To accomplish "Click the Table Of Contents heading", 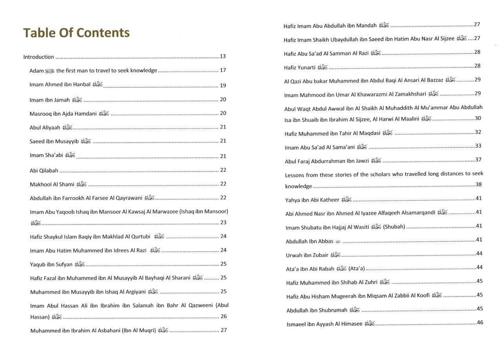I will coord(76,33).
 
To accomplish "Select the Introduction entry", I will coord(38,57).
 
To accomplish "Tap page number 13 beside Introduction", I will coord(223,56).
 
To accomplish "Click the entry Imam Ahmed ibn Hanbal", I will coord(60,85).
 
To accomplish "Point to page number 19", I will coord(223,85).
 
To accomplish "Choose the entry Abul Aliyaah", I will coord(45,127).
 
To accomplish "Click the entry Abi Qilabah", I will coord(44,171).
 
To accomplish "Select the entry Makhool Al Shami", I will coord(52,184).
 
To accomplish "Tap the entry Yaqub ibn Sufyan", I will coord(51,264).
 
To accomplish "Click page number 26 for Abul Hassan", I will coord(224,316).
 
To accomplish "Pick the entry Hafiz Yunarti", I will coord(300,67).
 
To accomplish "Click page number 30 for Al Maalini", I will coord(478,118).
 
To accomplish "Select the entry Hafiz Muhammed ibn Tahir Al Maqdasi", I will coord(333,133).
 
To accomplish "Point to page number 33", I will coord(478,146).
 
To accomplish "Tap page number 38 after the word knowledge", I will coord(478,184).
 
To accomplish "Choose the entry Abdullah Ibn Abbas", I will coord(309,241).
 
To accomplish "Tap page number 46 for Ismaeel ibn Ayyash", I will coord(480,323).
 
